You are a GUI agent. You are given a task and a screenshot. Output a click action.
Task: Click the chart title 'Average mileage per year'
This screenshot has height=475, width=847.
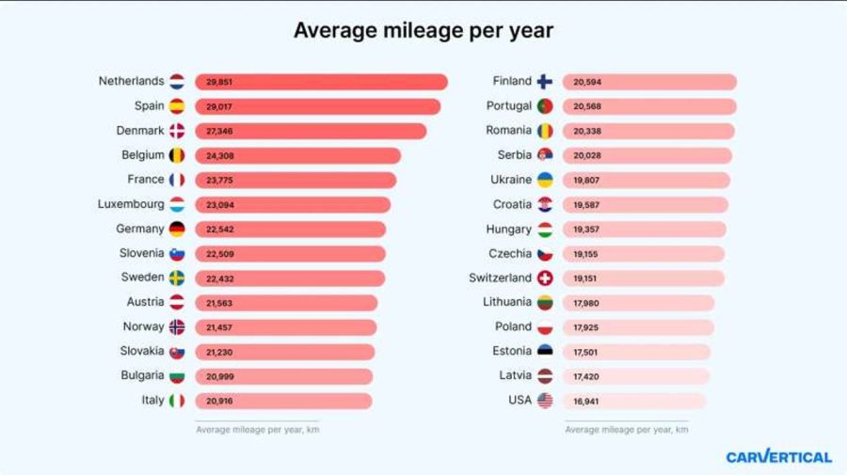[x=423, y=30]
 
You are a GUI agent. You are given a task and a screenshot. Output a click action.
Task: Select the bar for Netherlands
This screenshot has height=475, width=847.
[x=321, y=82]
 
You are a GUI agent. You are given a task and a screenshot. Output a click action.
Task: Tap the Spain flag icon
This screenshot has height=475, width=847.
[x=177, y=106]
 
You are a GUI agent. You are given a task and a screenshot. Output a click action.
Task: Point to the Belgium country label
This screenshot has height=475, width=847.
[x=144, y=155]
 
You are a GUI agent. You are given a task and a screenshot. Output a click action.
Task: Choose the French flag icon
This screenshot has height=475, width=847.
[x=177, y=180]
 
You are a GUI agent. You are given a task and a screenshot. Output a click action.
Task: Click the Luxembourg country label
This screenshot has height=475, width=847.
[x=131, y=204]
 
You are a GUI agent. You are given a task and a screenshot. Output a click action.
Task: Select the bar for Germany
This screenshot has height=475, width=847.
[x=290, y=230]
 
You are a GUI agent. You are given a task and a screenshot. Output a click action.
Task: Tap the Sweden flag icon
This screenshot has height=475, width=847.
[x=177, y=278]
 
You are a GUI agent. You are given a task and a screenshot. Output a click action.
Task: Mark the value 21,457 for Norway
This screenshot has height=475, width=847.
[x=219, y=327]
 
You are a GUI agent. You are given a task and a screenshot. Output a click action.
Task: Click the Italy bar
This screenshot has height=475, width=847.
[x=283, y=402]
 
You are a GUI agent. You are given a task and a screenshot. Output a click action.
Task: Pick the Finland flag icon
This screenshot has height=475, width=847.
[x=545, y=82]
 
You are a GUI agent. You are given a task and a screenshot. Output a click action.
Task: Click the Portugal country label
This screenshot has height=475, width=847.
[x=509, y=106]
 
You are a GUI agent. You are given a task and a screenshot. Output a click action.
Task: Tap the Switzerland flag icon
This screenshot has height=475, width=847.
[x=545, y=278]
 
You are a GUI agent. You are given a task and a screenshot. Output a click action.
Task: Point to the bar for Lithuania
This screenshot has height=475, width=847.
[x=638, y=303]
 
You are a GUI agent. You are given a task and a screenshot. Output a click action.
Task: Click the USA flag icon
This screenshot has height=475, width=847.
[x=545, y=402]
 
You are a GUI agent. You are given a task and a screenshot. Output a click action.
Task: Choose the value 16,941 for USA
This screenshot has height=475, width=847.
[x=586, y=402]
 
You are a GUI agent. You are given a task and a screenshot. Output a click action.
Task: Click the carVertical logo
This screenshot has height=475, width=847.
[x=778, y=457]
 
